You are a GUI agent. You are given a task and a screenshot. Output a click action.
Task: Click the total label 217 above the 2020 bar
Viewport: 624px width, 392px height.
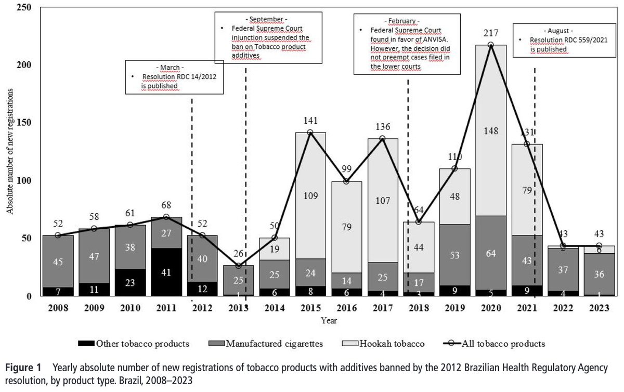[x=491, y=33]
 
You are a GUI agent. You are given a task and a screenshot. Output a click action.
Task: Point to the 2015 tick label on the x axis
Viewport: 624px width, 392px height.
[x=310, y=308]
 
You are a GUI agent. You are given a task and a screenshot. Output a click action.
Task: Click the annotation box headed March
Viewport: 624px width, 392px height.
[x=175, y=77]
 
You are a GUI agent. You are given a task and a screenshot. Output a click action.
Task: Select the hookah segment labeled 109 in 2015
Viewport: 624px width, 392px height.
[x=310, y=196]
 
